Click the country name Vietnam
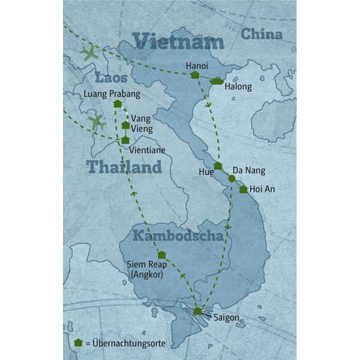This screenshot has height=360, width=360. [178, 41]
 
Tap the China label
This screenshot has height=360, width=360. [262, 35]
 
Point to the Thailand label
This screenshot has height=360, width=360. [124, 167]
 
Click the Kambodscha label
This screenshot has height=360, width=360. [178, 235]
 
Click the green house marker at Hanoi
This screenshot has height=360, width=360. [194, 75]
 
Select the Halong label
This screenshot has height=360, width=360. [238, 87]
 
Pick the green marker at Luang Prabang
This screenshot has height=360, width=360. [118, 104]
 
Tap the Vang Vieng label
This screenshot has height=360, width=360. [142, 124]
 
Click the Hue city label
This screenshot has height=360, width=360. [205, 171]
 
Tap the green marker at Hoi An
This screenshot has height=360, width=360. [243, 190]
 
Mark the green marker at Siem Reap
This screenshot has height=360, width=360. [161, 254]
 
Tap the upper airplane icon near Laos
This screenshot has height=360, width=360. [89, 53]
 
